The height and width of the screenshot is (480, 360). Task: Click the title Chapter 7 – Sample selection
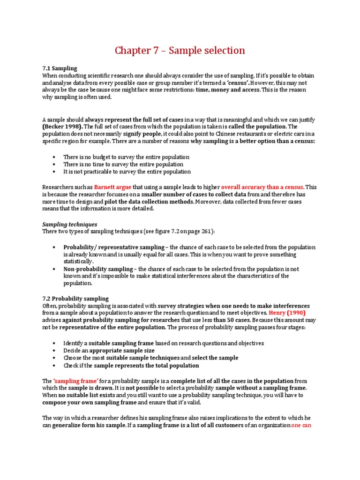(180, 50)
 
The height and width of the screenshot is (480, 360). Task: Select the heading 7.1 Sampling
(60, 68)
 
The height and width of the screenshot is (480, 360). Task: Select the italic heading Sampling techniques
(70, 225)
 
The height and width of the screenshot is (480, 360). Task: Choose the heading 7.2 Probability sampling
(75, 298)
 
